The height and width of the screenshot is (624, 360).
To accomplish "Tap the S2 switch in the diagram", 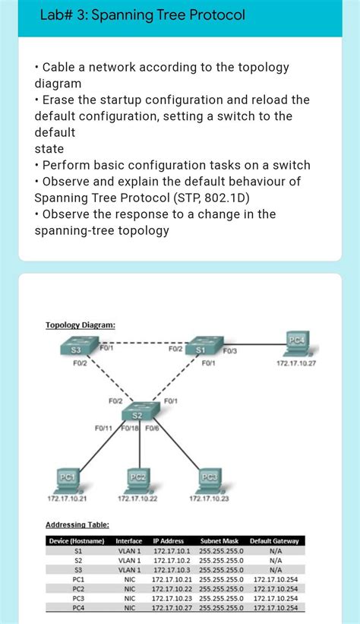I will pos(137,413).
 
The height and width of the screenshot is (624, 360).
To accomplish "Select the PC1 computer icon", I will pos(67,479).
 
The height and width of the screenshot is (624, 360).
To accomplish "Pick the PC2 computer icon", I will pos(137,480).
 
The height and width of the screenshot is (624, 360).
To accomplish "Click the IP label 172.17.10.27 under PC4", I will pos(296,363).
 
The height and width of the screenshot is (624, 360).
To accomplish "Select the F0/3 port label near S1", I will pos(230,350).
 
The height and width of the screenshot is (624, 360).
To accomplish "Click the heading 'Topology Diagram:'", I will pos(81,325).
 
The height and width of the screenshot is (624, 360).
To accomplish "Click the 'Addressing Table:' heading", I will pos(77,524).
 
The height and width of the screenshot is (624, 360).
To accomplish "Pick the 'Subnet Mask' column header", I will pos(219,541).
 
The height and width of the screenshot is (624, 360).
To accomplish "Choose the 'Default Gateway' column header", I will pos(274,541).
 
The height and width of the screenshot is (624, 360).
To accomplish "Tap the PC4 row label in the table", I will pos(77,607).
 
